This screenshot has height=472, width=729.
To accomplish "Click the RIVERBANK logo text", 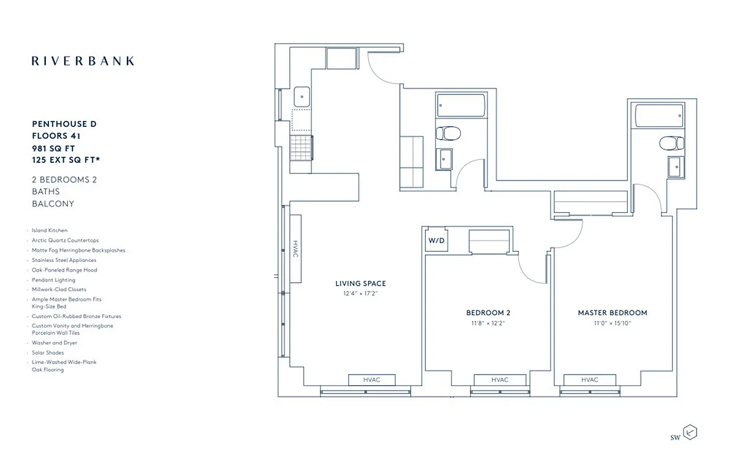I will [83, 61].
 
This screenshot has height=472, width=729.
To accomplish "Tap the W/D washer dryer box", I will [435, 241].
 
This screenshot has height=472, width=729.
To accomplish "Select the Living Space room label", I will [360, 284].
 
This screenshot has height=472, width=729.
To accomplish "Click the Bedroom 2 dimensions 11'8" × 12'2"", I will [492, 323].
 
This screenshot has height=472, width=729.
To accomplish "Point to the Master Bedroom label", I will [612, 313].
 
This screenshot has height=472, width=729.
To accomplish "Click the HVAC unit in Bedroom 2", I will [500, 380].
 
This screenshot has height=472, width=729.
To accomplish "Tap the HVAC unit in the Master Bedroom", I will [589, 380].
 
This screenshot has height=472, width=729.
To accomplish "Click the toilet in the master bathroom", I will [671, 143].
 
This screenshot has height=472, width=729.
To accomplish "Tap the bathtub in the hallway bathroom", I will [461, 105].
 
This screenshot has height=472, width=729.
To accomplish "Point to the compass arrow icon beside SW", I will [689, 433].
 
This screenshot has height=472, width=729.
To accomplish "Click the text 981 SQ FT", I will [54, 148].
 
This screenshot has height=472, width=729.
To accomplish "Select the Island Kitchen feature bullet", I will [50, 231].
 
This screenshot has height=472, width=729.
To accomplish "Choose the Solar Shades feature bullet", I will [48, 353].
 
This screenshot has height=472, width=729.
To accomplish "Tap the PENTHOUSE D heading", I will [64, 124].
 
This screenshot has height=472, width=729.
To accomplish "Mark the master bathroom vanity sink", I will [676, 166].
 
